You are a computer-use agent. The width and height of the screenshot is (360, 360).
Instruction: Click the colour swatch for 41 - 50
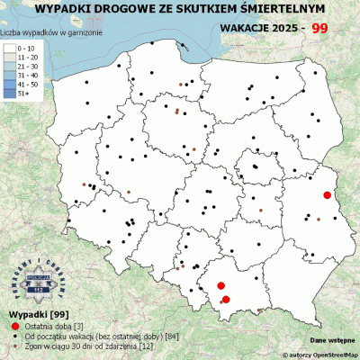(9, 83)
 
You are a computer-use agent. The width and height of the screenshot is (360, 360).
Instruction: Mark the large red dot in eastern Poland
(328, 194)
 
